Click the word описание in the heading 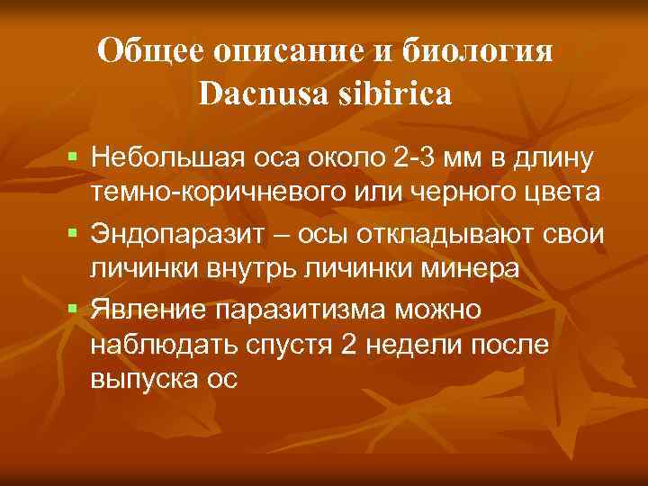point(286,51)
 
